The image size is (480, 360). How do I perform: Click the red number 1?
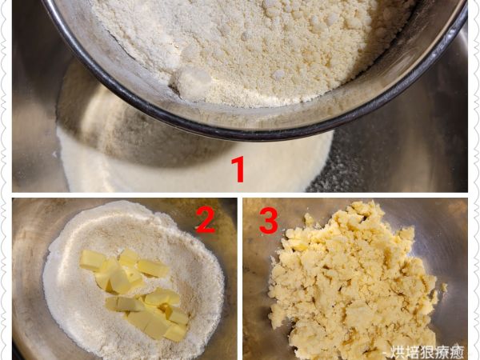click(238, 169)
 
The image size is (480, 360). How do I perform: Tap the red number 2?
click(206, 219)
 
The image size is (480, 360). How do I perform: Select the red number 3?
click(269, 221)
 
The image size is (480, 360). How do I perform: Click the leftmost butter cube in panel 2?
click(92, 260)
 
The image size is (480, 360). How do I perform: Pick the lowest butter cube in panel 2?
click(175, 333)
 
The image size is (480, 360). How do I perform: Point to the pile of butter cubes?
click(134, 294)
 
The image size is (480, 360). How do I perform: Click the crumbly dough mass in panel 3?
click(352, 282)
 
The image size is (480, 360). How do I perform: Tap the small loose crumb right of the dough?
click(443, 287)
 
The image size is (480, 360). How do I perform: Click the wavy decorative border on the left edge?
click(4, 180)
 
